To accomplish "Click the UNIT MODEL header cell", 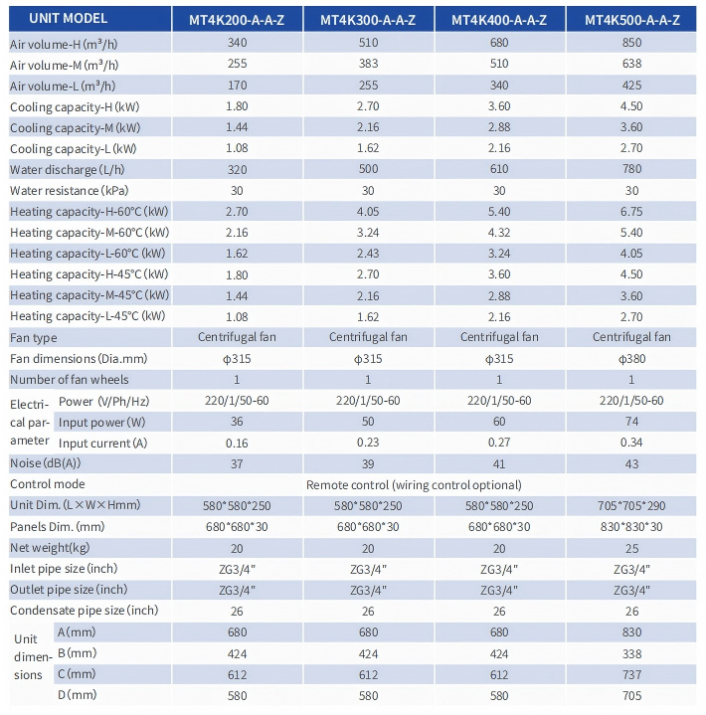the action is click(69, 19).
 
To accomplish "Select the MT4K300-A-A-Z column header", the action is click(368, 20).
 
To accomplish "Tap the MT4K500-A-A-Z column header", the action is click(632, 20).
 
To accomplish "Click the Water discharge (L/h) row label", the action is click(67, 170).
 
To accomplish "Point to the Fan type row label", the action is click(34, 338).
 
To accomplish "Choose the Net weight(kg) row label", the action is click(50, 548).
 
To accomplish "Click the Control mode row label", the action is click(48, 484).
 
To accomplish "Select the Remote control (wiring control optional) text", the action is click(414, 485).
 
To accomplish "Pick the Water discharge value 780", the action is click(632, 169).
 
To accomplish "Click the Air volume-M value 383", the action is click(368, 64).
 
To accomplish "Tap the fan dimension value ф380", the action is click(632, 359).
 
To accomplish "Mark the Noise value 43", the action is click(632, 464).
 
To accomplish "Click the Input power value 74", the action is click(632, 422).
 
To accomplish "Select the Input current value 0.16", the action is click(237, 443).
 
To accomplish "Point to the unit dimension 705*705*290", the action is click(631, 506).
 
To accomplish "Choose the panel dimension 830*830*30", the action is click(631, 527).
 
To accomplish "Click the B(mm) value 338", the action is click(632, 654).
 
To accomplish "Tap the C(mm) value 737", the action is click(632, 675).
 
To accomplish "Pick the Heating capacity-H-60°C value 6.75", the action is click(631, 212).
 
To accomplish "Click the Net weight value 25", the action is click(632, 549).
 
